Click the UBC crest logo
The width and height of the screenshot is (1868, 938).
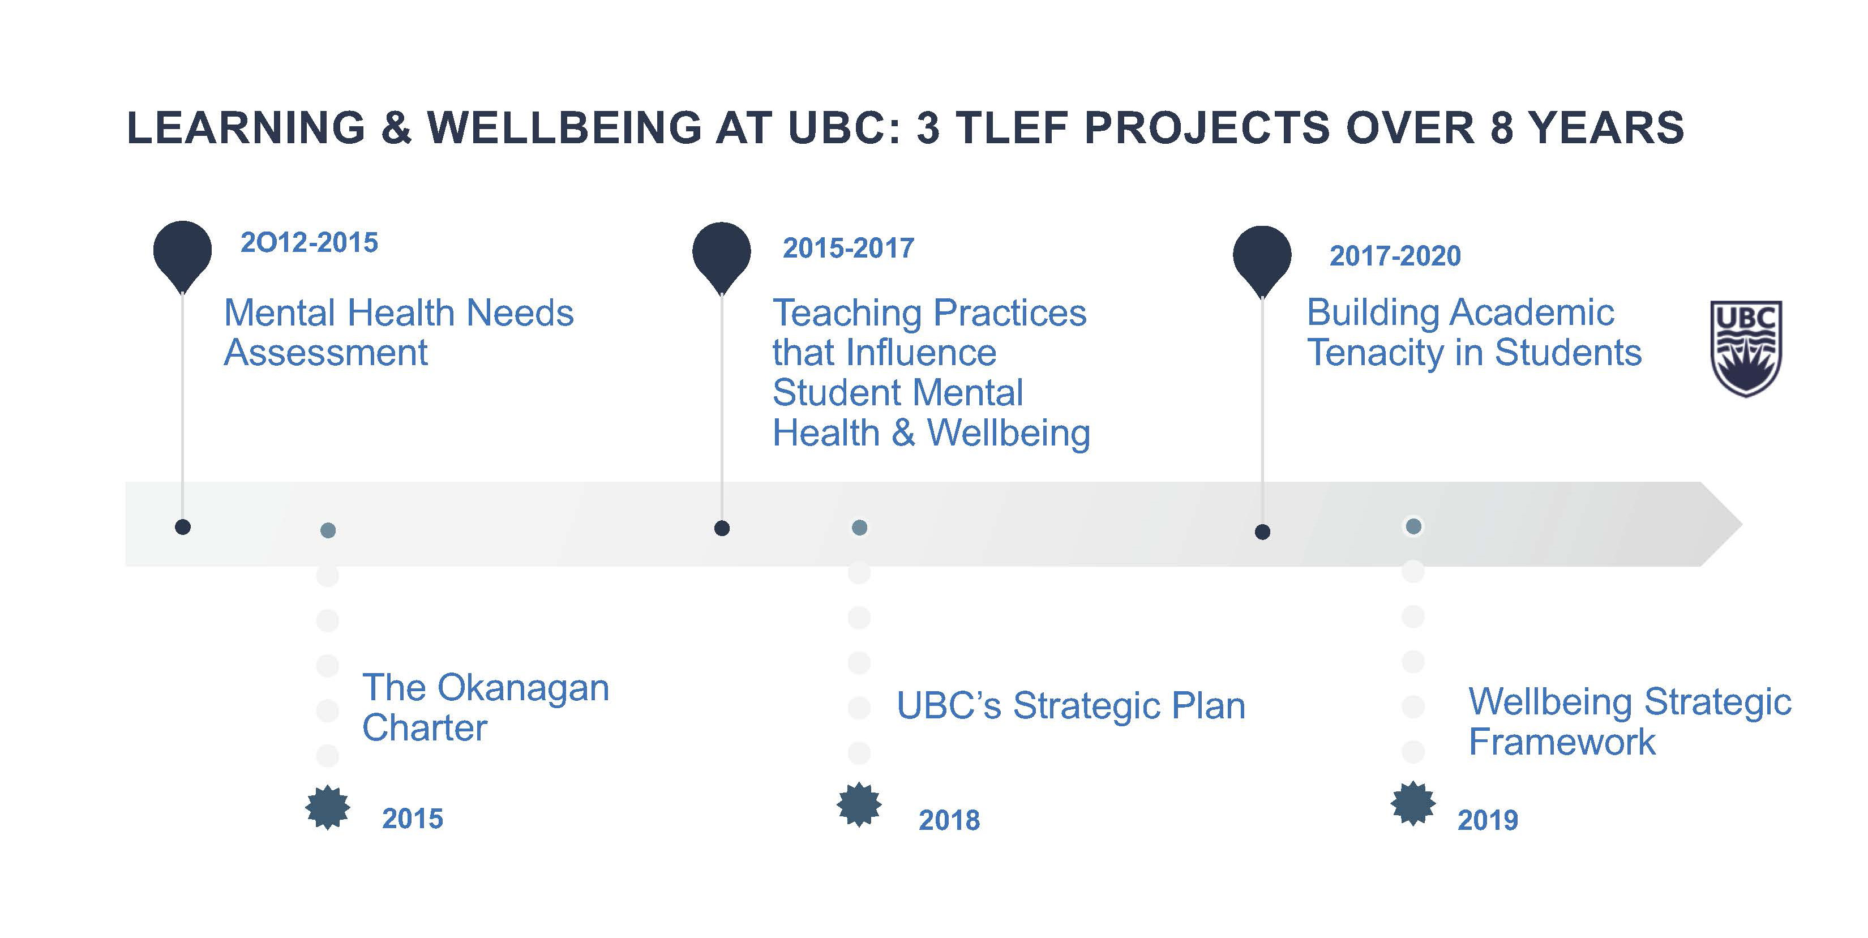(x=1746, y=348)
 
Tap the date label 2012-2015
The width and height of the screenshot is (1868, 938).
(x=309, y=242)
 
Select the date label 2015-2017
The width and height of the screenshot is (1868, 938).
(x=849, y=248)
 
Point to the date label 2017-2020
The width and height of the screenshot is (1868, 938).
(x=1394, y=255)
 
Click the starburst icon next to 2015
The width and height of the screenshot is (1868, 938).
(x=328, y=807)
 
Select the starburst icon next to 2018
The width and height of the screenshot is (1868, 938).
(x=859, y=804)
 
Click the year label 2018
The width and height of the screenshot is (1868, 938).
(x=949, y=820)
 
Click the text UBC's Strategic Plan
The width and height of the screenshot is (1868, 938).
(x=1071, y=706)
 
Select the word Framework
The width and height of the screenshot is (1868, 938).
(x=1562, y=742)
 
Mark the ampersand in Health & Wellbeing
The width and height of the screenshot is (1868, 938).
(x=903, y=433)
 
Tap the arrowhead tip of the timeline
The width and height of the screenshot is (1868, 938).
(x=1741, y=524)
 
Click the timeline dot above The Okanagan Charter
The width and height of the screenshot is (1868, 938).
(x=328, y=530)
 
